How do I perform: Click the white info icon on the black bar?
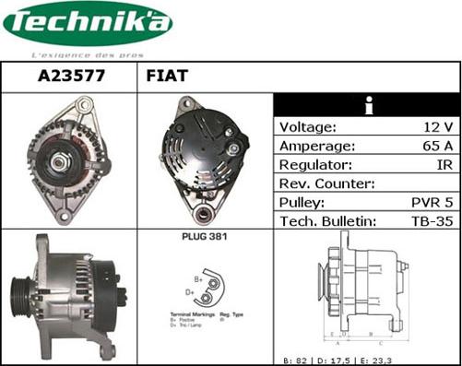click(367, 106)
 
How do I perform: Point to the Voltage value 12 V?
click(437, 127)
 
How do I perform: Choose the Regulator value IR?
click(444, 164)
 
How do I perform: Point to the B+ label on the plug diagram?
click(198, 277)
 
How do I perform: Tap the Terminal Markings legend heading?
click(190, 315)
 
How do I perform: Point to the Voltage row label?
click(307, 127)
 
